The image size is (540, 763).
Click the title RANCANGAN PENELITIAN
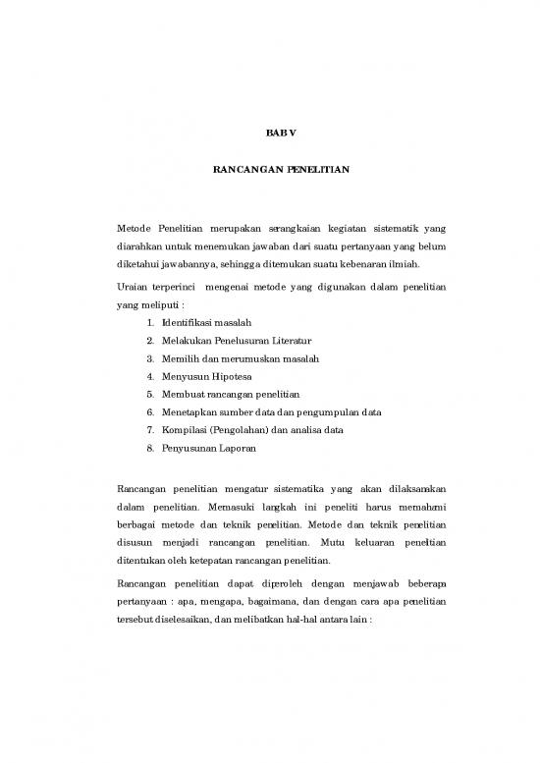[x=269, y=169]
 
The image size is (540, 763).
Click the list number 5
[x=148, y=393]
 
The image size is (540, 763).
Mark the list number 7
[x=148, y=428]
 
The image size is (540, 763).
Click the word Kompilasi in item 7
[x=184, y=428]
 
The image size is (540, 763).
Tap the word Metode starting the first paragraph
[x=135, y=228]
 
